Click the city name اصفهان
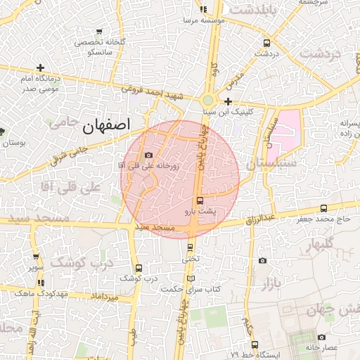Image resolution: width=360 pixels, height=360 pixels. [x=106, y=126]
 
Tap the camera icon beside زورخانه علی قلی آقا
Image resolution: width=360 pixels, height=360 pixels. [x=148, y=155]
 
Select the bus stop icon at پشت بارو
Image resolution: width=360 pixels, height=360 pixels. [x=200, y=200]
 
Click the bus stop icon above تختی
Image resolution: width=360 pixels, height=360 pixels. [x=190, y=247]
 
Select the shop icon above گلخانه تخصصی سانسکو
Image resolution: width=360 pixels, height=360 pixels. [x=99, y=32]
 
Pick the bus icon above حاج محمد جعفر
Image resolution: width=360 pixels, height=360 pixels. [x=323, y=208]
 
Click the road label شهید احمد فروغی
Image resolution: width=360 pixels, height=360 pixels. [x=146, y=91]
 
